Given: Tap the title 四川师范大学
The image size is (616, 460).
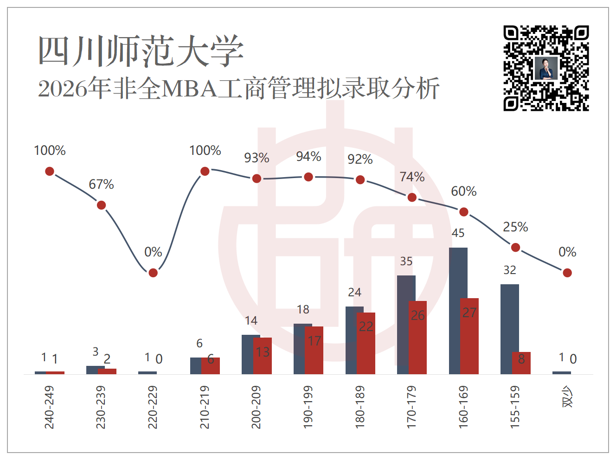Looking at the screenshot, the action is coord(141,51).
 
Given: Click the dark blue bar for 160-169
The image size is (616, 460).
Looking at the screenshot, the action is coord(458,311).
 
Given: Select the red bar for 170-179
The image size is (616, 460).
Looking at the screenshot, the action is coord(417,338).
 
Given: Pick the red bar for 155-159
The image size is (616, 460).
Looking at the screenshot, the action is coord(521,363).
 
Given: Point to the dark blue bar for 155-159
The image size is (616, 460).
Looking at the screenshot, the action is coord(510,329).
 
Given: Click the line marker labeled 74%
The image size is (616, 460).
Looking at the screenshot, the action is coord(412,198).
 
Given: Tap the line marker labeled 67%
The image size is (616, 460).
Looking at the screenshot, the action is coord(101,205).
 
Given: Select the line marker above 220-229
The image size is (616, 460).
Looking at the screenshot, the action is coord(153,273).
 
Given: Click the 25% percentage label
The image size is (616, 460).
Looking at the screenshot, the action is coord(515,227).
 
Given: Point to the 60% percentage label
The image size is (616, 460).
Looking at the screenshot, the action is coord(463,192).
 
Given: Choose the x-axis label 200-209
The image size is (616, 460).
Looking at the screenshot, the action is coord(256,407).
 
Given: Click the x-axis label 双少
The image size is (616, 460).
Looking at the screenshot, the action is coord(567,396).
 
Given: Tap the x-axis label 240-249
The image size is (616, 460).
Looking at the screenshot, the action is coord(49,407).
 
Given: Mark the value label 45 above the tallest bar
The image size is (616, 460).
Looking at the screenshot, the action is coord(458,233).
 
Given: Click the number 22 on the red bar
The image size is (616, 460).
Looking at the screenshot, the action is coord(366,326).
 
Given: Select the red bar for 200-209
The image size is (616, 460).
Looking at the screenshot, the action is coord(263,356).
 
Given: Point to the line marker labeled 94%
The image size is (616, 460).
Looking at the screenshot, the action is coord(308,177).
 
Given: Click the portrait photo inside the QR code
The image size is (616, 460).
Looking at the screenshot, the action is coord(546,69).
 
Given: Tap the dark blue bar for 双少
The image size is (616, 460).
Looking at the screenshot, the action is coord(562,373).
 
